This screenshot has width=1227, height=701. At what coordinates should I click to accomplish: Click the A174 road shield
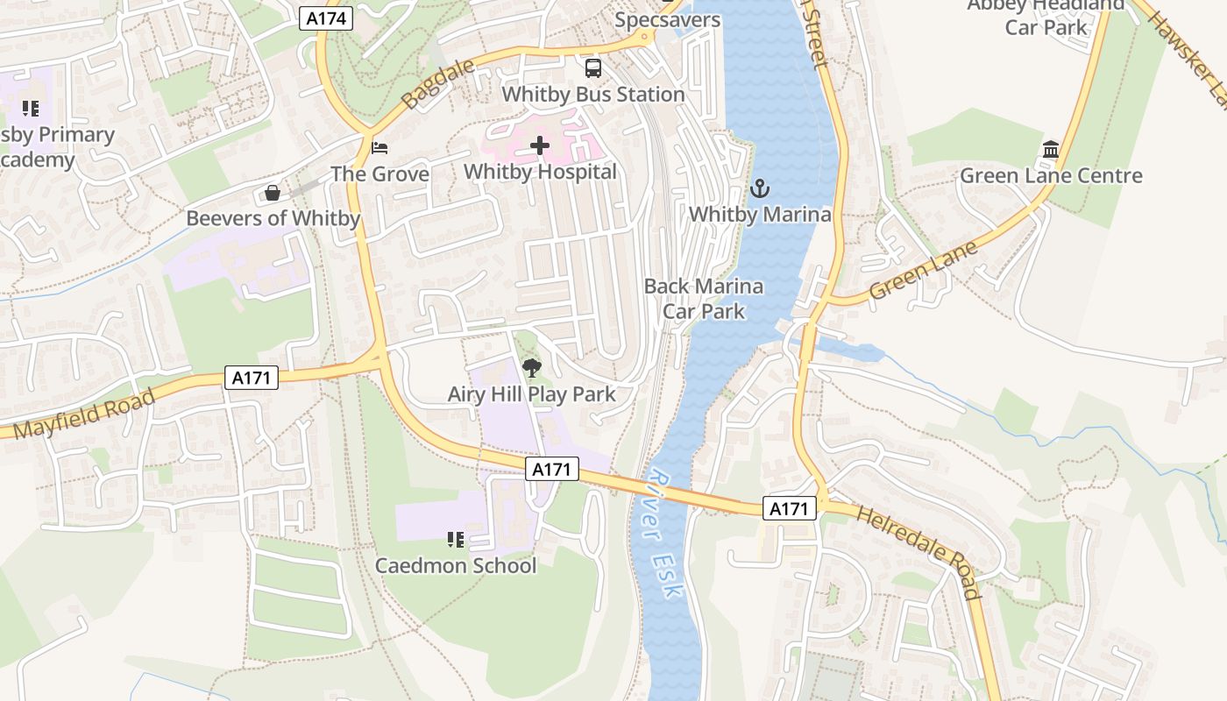(x=326, y=18)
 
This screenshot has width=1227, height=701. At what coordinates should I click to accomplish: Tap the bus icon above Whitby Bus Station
(x=593, y=67)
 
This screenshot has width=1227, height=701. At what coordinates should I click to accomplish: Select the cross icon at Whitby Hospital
(x=540, y=145)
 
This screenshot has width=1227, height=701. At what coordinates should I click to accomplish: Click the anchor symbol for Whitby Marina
(x=760, y=188)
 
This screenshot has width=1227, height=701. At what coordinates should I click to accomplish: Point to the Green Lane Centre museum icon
(x=1051, y=150)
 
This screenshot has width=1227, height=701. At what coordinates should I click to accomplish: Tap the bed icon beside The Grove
(x=379, y=147)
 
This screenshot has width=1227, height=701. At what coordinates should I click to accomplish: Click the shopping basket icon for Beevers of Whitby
(x=273, y=192)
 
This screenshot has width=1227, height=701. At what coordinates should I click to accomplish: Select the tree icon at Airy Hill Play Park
(x=531, y=368)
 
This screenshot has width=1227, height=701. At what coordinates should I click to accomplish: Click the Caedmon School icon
(x=455, y=539)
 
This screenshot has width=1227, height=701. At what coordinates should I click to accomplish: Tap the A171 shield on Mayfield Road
(x=252, y=378)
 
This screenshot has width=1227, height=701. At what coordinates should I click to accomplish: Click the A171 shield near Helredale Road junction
(x=790, y=508)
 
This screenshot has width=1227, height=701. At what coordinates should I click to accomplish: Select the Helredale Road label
(x=918, y=552)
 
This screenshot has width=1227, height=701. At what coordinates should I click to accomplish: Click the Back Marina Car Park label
(x=704, y=298)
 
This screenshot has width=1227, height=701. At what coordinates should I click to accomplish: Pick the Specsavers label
(x=668, y=19)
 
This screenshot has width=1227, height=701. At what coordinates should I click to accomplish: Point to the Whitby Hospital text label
(x=540, y=172)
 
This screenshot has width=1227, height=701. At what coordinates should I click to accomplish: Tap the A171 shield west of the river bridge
(x=552, y=470)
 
